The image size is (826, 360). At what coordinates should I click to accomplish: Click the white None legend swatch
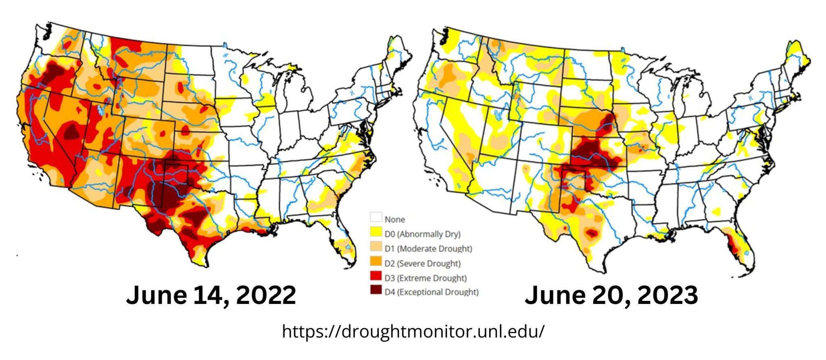tap(376, 218)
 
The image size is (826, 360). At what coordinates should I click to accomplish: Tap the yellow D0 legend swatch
tap(376, 232)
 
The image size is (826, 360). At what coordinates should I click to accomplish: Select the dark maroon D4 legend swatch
tap(376, 290)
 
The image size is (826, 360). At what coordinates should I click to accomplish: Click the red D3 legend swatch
tap(376, 276)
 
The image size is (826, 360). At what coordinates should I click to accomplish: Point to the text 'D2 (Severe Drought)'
tap(422, 264)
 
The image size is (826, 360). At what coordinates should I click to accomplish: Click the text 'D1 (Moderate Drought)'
tap(428, 249)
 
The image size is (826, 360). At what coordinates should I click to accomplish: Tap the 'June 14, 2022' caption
tap(211, 295)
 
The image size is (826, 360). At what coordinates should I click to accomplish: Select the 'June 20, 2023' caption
tap(611, 295)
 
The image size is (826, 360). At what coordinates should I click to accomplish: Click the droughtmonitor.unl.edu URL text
tap(413, 332)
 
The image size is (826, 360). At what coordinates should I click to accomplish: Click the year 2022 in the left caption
tap(266, 295)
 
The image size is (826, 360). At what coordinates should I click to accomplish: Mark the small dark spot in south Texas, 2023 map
tap(592, 233)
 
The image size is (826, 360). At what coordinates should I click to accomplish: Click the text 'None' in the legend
tap(394, 220)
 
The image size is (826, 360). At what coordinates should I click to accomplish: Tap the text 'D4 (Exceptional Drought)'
tap(431, 292)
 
